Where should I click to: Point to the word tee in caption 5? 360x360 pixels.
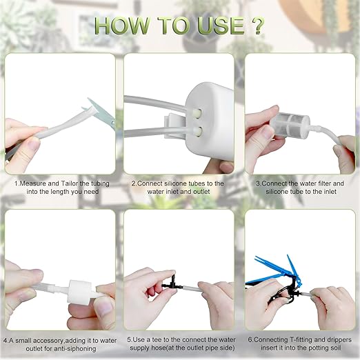[x=156, y=339]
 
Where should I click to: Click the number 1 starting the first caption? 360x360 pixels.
[x=15, y=183]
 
